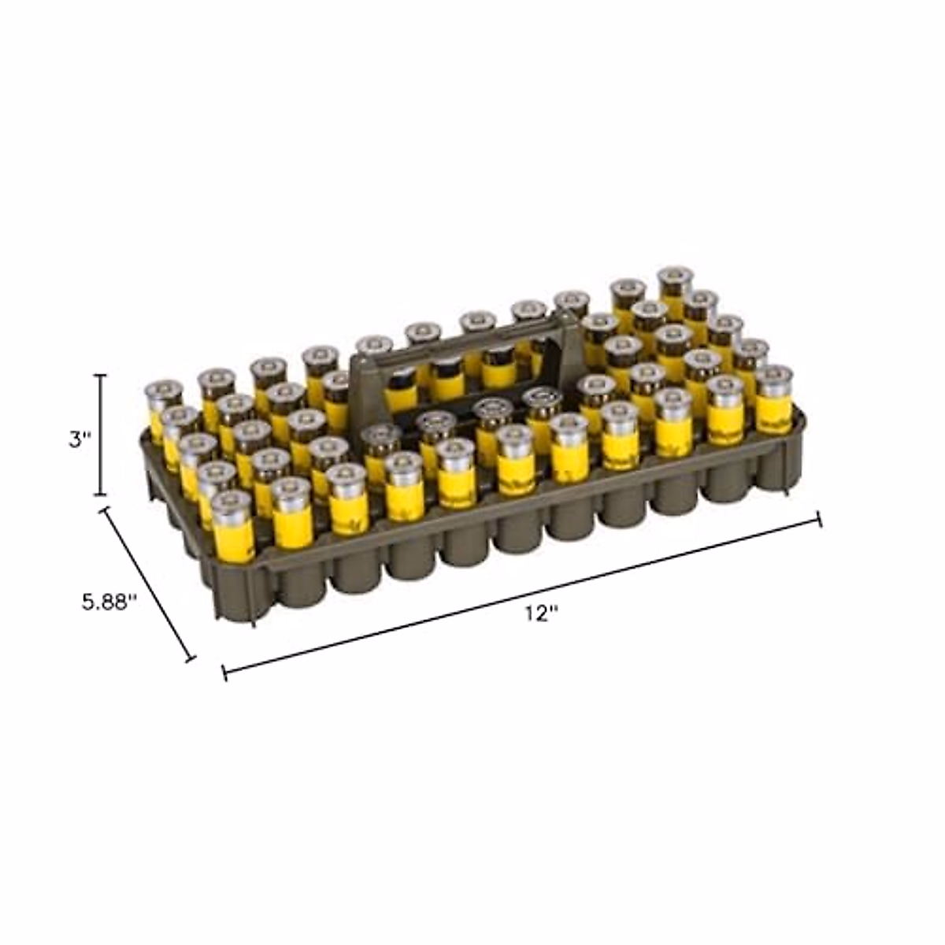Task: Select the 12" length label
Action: [x=541, y=613]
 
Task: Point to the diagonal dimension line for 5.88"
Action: [x=147, y=584]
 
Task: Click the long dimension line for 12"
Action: [x=521, y=596]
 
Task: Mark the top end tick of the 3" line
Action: [x=101, y=376]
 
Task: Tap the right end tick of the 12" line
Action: [x=818, y=518]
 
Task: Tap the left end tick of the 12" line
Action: [x=224, y=673]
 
